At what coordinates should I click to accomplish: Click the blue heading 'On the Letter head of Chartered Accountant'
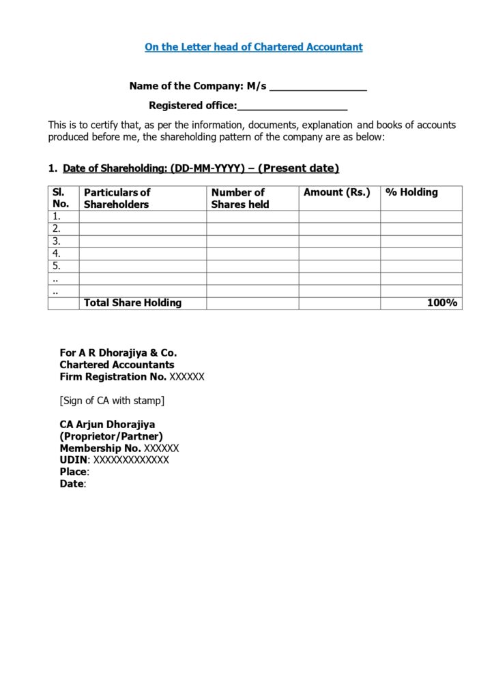[253, 47]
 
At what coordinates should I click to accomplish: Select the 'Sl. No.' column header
[61, 198]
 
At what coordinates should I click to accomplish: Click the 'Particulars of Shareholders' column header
[117, 198]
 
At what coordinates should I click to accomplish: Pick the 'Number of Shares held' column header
[239, 198]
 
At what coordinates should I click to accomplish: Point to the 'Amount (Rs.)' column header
[336, 192]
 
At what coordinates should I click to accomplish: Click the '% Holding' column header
[411, 192]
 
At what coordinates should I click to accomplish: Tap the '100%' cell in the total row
[441, 303]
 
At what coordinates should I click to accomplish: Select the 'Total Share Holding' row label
[132, 303]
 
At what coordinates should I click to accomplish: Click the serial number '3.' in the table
[57, 241]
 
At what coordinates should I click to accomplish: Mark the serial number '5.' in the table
[57, 266]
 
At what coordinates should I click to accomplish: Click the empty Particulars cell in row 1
[143, 217]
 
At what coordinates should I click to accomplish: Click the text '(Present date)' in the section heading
[298, 168]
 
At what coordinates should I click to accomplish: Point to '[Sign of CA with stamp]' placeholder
[112, 400]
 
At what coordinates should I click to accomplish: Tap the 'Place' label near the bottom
[73, 472]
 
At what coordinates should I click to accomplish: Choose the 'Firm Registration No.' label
[113, 376]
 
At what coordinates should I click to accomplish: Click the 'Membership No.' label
[100, 448]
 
